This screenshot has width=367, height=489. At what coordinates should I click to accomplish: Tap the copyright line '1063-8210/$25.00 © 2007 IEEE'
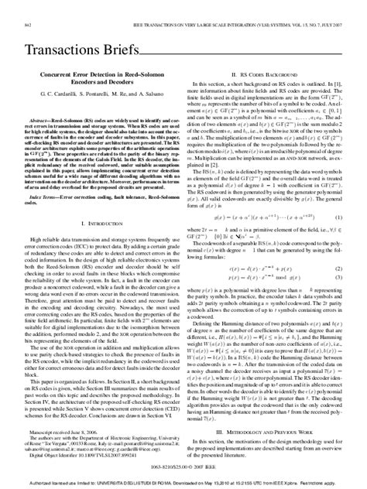[183, 468]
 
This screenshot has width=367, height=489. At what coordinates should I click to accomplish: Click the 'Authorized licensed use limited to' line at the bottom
[183, 481]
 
